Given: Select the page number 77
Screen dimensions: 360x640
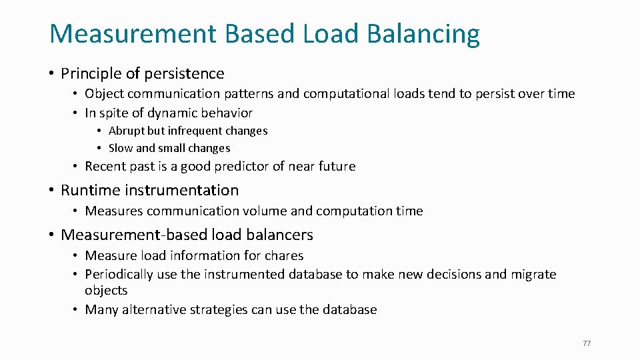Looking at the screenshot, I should click(x=587, y=343).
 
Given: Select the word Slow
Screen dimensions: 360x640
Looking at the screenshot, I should click(x=121, y=148).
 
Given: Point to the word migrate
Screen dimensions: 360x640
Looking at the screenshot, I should click(x=533, y=274).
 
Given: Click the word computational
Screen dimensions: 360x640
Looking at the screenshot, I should click(x=319, y=93).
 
